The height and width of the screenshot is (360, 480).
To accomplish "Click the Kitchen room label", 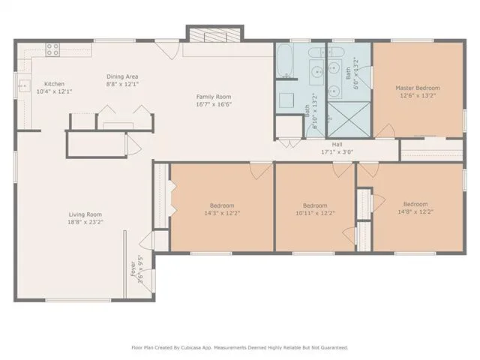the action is coord(55,84).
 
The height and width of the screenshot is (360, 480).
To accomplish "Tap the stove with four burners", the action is coord(52,50).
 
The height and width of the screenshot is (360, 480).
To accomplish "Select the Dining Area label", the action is coord(122,76).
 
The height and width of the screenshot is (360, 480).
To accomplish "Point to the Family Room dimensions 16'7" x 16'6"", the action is coord(214,104).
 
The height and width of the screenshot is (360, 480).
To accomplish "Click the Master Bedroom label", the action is coord(418,88).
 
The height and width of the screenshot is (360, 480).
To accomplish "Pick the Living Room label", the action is coord(85,214).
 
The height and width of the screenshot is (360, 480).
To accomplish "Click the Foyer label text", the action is coord(133,268).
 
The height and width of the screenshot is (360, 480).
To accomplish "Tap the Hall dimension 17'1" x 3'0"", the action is coord(337,151).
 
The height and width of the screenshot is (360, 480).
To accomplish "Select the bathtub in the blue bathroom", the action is coord(285,61).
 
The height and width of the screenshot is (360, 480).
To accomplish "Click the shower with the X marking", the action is coord(349,119).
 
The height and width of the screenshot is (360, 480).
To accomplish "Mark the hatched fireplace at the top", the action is coord(215,35).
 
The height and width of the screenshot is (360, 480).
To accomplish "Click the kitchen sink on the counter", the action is coord(24,85).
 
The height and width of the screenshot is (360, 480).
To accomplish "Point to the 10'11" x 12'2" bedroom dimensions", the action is coord(315,213).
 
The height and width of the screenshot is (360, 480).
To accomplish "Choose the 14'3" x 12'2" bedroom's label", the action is coord(222,205).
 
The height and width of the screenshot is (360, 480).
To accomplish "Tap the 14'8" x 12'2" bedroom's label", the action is coord(415,204).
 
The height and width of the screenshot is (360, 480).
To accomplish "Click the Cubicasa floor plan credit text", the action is coord(240,348).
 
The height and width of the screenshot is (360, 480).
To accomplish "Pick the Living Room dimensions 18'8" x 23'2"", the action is coord(85,222).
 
